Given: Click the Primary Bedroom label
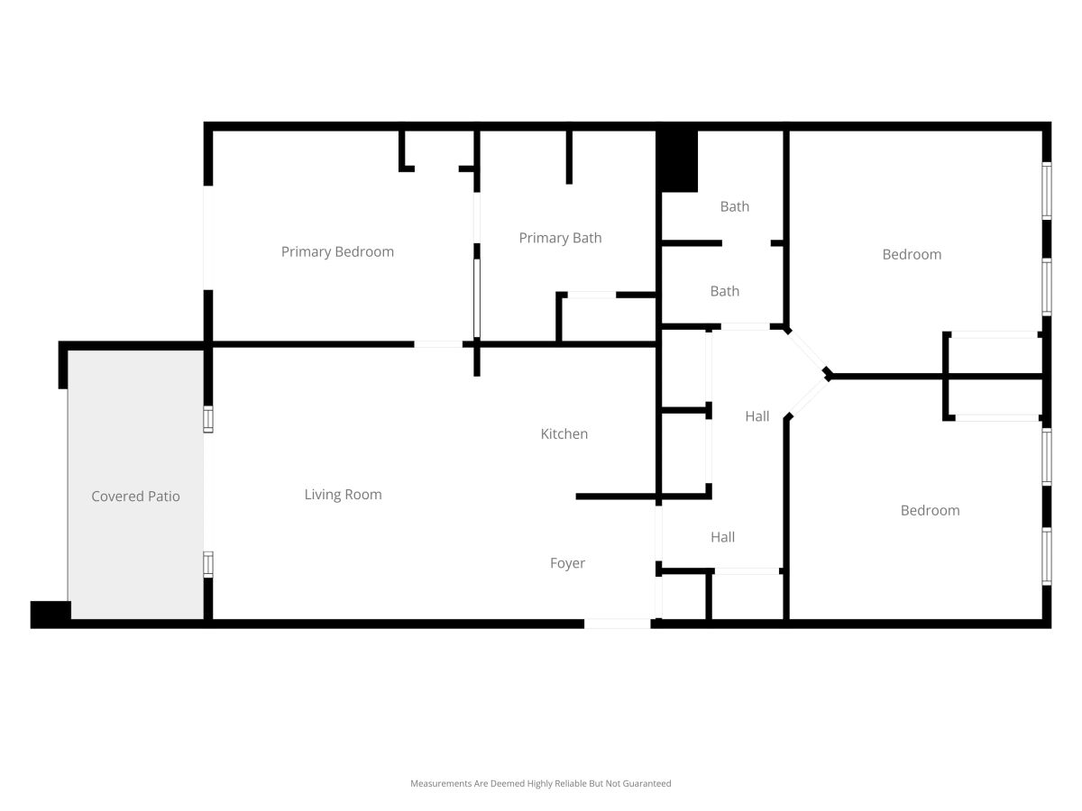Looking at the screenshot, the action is tap(337, 251).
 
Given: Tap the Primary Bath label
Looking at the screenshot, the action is tap(560, 238).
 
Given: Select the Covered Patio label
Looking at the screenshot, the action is tap(135, 496).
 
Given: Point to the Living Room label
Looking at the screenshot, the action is tap(343, 495).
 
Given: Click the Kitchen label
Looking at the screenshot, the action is tap(564, 433).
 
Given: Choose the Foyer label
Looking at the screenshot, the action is tap(567, 563).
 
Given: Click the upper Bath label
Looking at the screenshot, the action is tap(735, 206).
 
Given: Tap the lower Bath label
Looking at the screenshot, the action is tap(725, 291).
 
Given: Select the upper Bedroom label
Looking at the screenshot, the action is tap(912, 255).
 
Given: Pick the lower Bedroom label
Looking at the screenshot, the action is tap(930, 511).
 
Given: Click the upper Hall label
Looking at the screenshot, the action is tap(756, 416).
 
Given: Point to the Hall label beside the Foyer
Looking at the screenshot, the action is tap(722, 537).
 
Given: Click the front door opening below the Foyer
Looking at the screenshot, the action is tap(617, 624).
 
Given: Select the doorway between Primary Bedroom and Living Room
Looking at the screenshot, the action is tap(438, 344).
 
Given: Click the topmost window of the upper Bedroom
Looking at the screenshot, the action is tap(1046, 190).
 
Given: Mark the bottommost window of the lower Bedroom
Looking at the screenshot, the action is tap(1046, 556).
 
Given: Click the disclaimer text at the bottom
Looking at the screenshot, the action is tap(540, 783).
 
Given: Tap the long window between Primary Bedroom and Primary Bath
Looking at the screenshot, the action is tap(477, 298).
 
